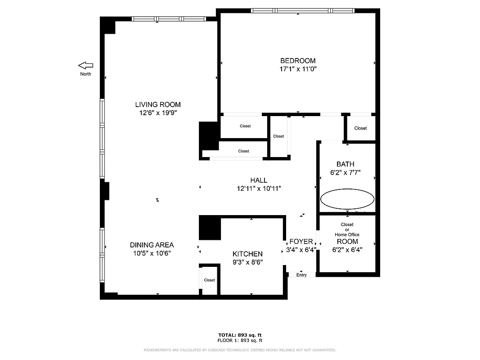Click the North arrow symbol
point(85,65)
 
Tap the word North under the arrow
point(85,74)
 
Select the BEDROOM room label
point(298,61)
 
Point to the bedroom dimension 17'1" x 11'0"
point(298,69)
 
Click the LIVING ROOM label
point(158,105)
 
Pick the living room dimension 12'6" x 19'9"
point(158,113)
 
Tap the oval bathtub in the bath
point(347,198)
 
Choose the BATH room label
point(345,164)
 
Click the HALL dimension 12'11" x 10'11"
point(259,189)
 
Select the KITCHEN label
point(247,254)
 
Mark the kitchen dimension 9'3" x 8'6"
point(247,262)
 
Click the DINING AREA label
point(152,245)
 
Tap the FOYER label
point(301,242)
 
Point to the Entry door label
point(301,275)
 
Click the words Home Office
point(347,234)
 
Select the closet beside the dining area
point(209,280)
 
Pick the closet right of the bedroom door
point(360,128)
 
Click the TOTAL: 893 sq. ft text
point(240,335)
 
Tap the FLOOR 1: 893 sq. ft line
point(240,341)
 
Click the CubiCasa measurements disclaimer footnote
point(240,350)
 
